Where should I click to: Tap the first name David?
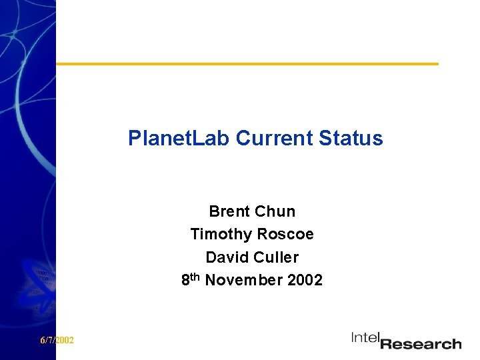(225, 257)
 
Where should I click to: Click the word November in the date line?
(244, 281)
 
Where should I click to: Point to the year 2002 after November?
(305, 281)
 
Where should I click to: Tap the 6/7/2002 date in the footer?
(57, 341)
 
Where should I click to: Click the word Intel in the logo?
(365, 339)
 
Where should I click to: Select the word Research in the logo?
(421, 344)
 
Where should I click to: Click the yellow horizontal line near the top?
(247, 64)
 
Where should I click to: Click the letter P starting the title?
(135, 139)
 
